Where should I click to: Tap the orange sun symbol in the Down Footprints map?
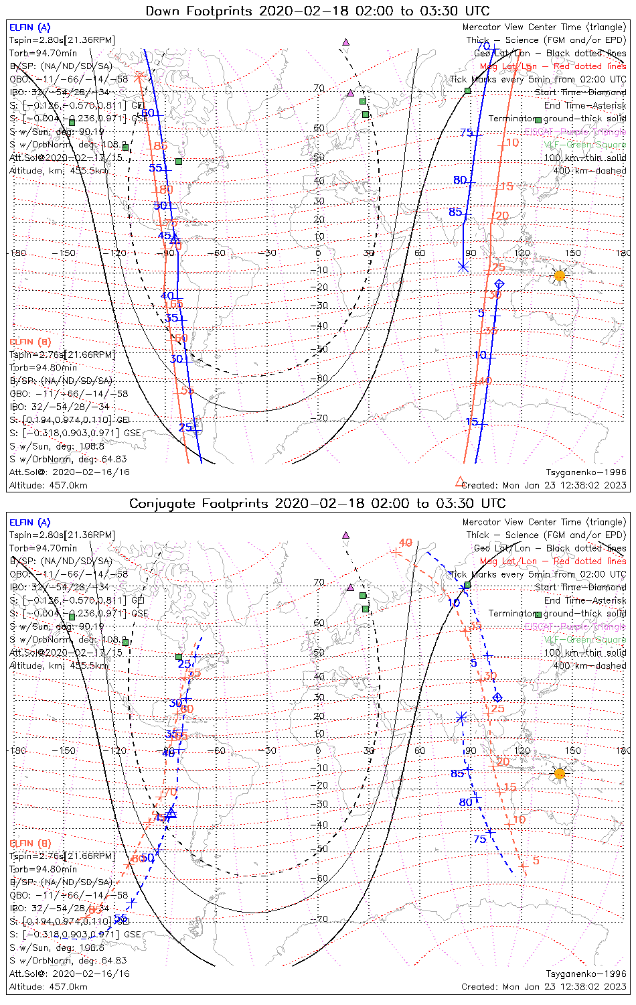[560, 275]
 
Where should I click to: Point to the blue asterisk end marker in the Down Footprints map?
[463, 266]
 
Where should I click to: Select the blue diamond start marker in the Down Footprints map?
[499, 285]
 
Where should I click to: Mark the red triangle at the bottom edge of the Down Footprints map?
[459, 481]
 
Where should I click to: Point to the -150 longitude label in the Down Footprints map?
[67, 253]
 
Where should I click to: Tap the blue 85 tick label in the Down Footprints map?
[455, 212]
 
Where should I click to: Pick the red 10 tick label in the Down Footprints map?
[513, 143]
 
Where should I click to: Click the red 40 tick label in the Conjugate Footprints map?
[405, 543]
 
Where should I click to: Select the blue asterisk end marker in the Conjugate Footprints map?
[461, 718]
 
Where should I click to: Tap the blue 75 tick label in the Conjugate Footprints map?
[480, 840]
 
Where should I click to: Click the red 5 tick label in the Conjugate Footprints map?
[536, 860]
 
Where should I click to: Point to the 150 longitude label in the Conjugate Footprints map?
[573, 750]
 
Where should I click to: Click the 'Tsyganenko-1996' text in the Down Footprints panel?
[586, 472]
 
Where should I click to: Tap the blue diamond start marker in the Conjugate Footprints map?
[497, 697]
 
